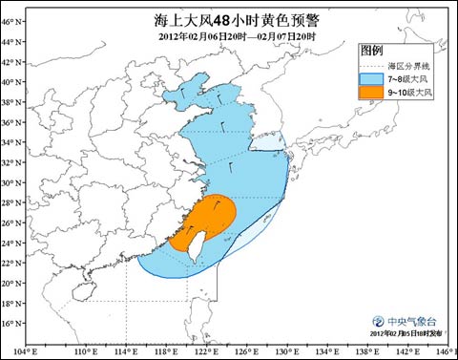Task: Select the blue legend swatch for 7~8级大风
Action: point(371,78)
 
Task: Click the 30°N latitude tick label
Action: point(10,182)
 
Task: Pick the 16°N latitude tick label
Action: point(10,323)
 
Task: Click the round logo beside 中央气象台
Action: point(380,322)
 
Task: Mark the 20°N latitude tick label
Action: point(10,283)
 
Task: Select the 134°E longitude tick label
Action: point(321,350)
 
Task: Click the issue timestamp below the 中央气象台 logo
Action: point(406,334)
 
